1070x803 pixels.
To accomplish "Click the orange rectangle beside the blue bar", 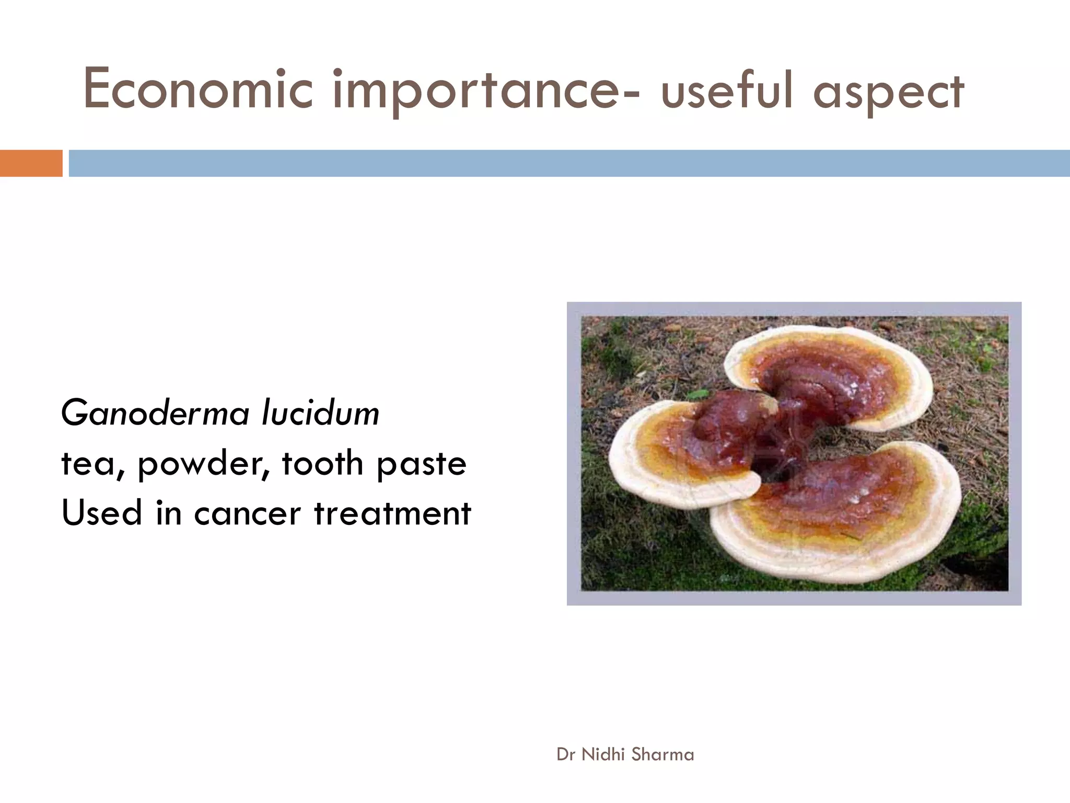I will (x=31, y=163).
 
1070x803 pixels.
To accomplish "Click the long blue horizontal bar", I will (x=568, y=163).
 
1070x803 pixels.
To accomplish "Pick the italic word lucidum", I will (x=320, y=414).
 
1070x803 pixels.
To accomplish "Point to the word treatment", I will (x=392, y=513).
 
